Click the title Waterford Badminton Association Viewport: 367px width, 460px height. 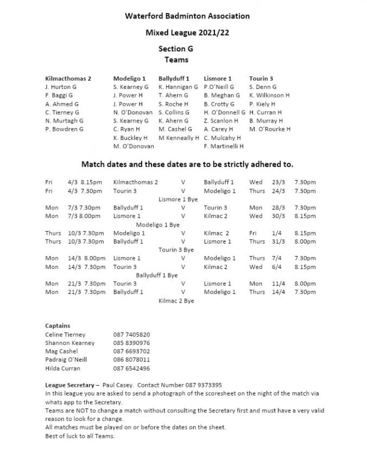coord(187,16)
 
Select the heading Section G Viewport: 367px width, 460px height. coord(176,49)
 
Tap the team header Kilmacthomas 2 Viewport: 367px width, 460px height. coord(68,79)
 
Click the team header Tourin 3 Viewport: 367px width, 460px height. coord(261,79)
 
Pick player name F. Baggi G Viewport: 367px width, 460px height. coord(59,95)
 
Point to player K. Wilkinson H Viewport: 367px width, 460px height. coord(269,95)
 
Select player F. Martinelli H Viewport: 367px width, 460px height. coord(224,146)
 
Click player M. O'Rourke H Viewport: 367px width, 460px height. coord(270,129)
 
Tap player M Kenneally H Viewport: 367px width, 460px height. coord(179,138)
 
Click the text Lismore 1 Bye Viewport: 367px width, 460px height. coord(178,200)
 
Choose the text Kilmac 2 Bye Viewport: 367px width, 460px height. coord(176,301)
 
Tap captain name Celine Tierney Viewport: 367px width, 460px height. coord(65,335)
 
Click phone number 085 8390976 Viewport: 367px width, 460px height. coord(131,343)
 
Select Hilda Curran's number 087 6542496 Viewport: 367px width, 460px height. coord(131,368)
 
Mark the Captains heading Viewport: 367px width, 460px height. coord(58,326)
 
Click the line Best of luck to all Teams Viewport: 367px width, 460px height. coord(80,436)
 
